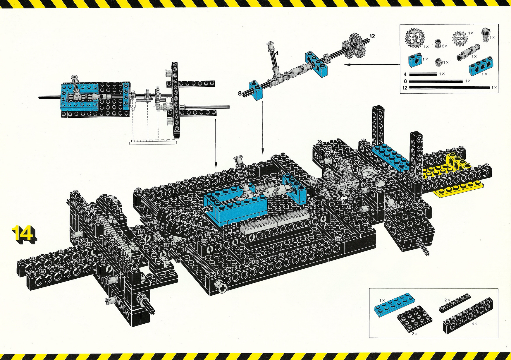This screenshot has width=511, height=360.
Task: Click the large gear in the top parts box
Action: click(x=415, y=38)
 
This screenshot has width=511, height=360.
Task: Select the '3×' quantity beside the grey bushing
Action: click(x=445, y=46)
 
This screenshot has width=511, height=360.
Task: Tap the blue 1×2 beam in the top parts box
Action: click(x=415, y=60)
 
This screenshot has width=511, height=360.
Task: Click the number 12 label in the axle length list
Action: click(x=405, y=88)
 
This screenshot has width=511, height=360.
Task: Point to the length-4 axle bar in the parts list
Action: click(x=423, y=74)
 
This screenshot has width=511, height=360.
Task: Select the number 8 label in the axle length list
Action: click(x=405, y=81)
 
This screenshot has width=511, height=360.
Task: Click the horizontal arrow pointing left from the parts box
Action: click(x=372, y=64)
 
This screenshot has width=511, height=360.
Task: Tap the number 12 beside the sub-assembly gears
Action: click(x=372, y=36)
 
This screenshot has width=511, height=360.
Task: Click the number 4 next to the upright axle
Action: click(x=277, y=53)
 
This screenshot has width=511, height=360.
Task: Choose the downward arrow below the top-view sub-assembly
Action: click(x=216, y=142)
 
